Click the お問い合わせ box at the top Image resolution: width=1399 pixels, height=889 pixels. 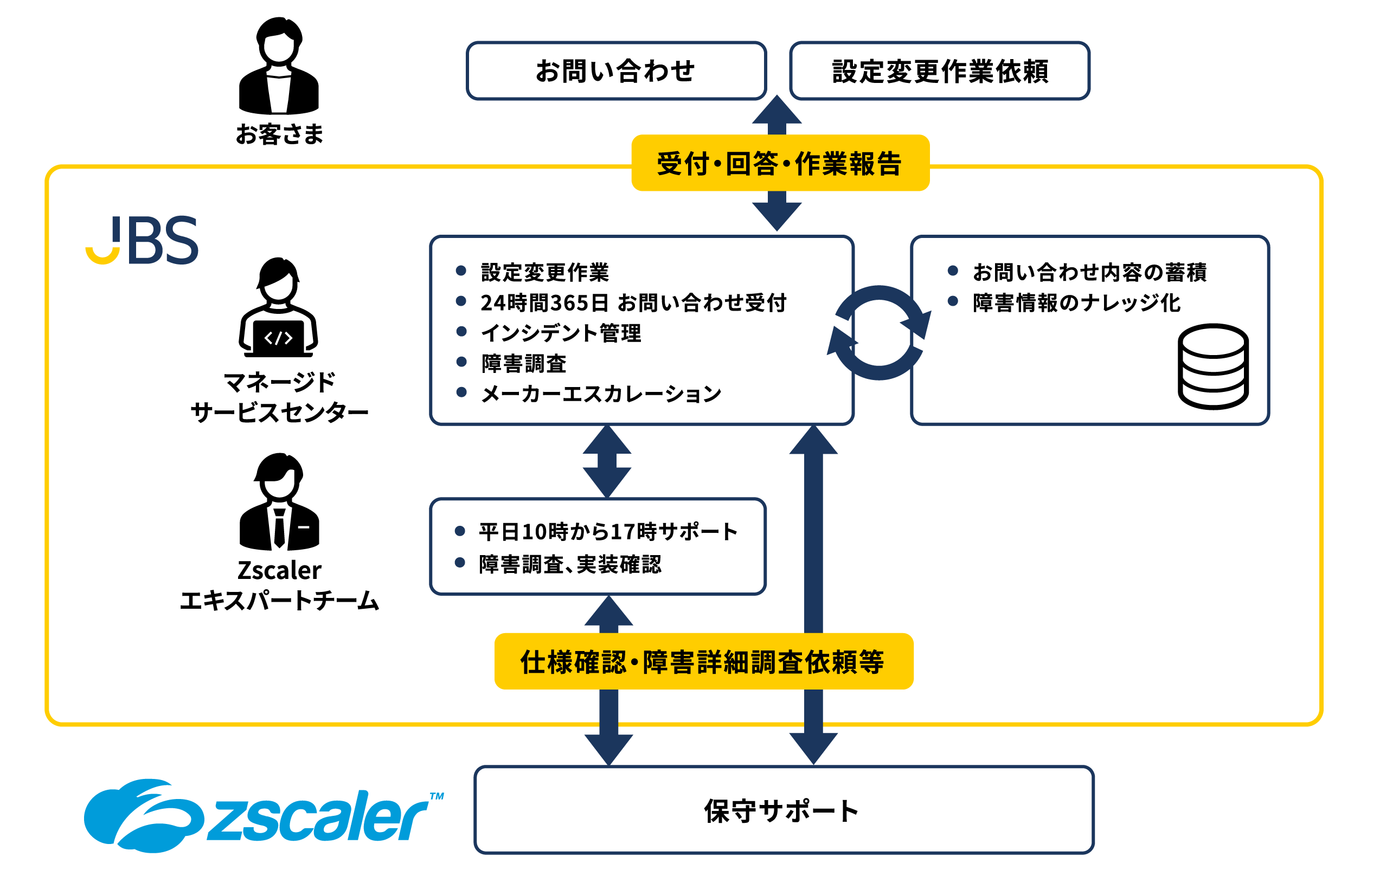[x=616, y=71]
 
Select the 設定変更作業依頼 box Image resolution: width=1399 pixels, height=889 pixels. [x=939, y=71]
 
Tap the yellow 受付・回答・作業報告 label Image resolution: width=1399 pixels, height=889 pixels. [x=780, y=163]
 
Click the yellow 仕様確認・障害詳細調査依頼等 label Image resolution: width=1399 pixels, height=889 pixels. [x=703, y=661]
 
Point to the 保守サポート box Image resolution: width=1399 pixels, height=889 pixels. [x=783, y=810]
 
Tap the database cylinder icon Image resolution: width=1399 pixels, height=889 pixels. [x=1212, y=366]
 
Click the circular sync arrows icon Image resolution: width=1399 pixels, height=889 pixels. [x=878, y=333]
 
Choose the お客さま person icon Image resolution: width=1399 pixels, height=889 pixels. [x=279, y=67]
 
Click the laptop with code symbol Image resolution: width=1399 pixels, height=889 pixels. [x=278, y=338]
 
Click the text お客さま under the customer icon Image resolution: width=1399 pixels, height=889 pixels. [x=279, y=134]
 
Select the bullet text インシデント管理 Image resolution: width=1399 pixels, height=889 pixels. [x=561, y=333]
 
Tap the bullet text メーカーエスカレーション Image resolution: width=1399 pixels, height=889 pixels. [x=601, y=394]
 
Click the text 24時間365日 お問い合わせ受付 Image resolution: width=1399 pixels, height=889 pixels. [x=633, y=302]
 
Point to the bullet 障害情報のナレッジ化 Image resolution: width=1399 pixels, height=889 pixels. [x=1076, y=302]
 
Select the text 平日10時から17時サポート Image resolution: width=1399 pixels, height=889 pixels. [x=608, y=531]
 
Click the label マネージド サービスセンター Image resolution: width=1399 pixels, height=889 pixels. [x=279, y=397]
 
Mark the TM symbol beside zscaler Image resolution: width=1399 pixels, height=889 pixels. [x=437, y=796]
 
